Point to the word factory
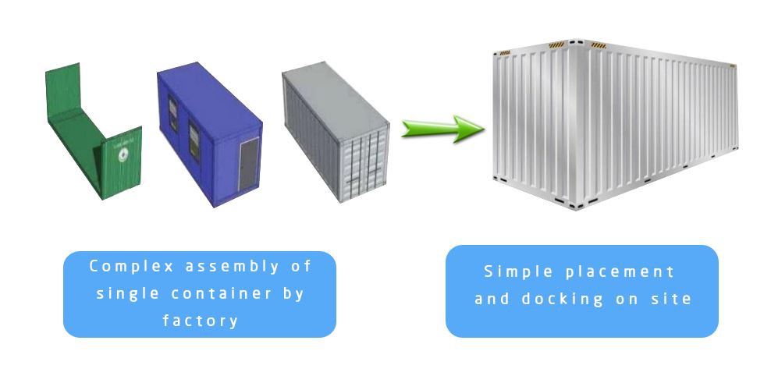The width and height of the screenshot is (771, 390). click(200, 320)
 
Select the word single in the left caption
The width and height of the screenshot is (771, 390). click(123, 293)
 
